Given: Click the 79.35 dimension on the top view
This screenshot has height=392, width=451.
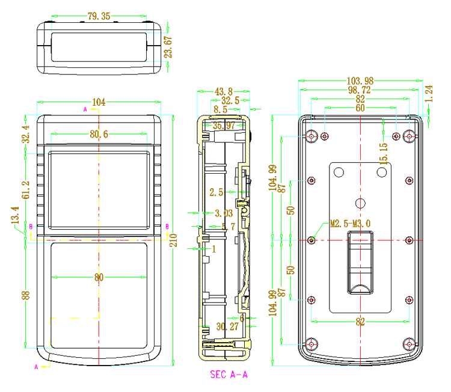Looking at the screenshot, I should point(99,16).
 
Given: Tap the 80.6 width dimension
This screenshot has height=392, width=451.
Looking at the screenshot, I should point(99,134).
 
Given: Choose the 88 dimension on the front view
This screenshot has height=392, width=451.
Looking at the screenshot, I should point(25,295).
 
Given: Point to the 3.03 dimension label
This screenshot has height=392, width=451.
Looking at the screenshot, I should point(224,213).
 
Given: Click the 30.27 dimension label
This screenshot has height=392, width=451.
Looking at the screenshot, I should point(227,326).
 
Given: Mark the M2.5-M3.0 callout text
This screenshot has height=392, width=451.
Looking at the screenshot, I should point(351,224).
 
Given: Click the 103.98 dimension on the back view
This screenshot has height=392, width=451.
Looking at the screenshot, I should point(360,81).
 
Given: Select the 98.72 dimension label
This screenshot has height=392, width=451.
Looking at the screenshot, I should point(360,90).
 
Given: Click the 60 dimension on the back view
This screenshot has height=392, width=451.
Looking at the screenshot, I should point(360,108).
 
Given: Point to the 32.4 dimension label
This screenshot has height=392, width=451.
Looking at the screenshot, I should point(25,134).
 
